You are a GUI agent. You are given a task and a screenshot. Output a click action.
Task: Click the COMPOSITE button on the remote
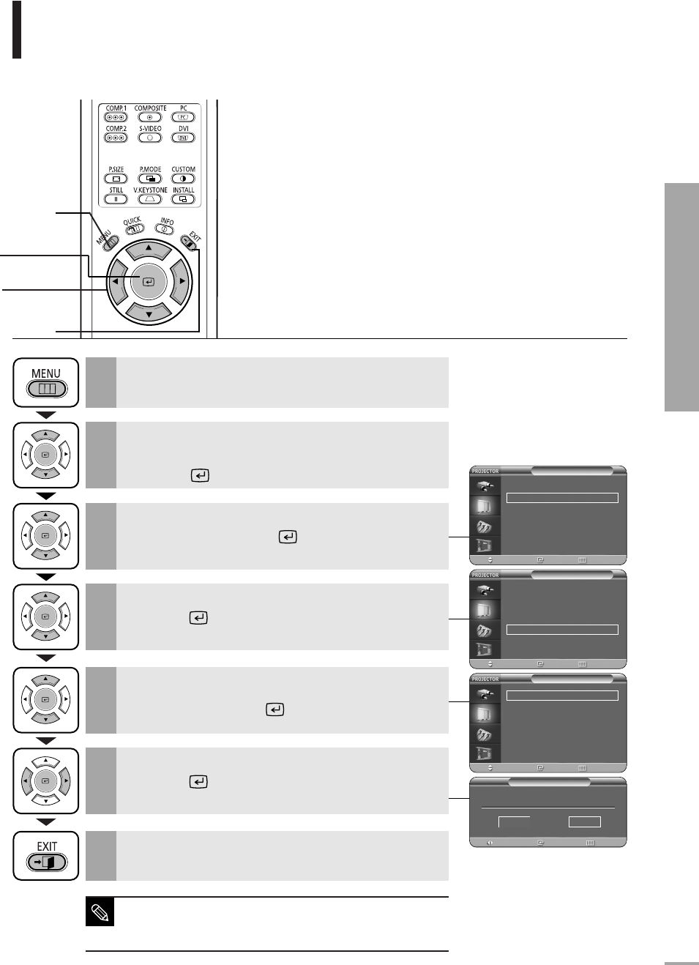(149, 117)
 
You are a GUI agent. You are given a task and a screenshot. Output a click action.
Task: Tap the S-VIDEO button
(149, 138)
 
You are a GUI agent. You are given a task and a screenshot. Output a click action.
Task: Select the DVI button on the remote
(183, 138)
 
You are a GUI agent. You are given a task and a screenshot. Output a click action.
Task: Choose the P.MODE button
(150, 179)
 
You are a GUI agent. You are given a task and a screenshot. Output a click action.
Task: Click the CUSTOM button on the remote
(183, 179)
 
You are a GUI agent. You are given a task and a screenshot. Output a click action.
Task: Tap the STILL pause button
(116, 199)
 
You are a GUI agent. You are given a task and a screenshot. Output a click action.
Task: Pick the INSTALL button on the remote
(183, 199)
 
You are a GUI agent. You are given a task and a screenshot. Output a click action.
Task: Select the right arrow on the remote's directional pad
(182, 281)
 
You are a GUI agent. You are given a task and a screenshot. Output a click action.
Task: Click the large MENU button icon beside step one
(46, 382)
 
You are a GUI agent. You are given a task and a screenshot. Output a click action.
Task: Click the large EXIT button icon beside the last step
(46, 855)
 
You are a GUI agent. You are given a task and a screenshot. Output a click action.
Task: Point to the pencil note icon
(100, 913)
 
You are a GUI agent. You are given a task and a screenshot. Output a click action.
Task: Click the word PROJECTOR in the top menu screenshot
(485, 472)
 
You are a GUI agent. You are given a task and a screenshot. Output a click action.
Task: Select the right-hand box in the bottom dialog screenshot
(584, 821)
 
